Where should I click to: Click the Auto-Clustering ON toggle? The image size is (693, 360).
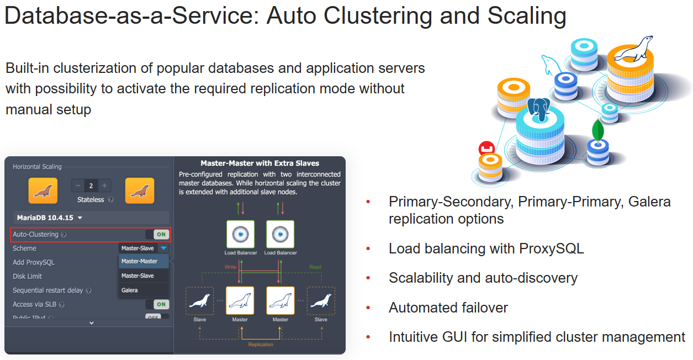click(161, 234)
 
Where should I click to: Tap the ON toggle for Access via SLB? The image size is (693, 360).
click(161, 304)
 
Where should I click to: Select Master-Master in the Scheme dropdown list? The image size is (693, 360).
click(139, 261)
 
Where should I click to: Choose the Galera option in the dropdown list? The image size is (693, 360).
click(130, 290)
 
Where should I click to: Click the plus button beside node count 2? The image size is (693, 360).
click(104, 186)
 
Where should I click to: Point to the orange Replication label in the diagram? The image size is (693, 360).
click(260, 345)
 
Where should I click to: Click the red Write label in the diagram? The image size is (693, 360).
click(230, 267)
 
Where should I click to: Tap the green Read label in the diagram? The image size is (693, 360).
click(315, 267)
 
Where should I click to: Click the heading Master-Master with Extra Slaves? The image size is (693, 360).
click(260, 163)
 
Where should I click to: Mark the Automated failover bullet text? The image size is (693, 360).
click(448, 307)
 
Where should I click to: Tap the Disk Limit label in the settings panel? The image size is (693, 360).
click(28, 276)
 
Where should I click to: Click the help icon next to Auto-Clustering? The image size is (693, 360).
click(64, 235)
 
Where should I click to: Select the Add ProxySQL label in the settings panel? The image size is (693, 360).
click(34, 262)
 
